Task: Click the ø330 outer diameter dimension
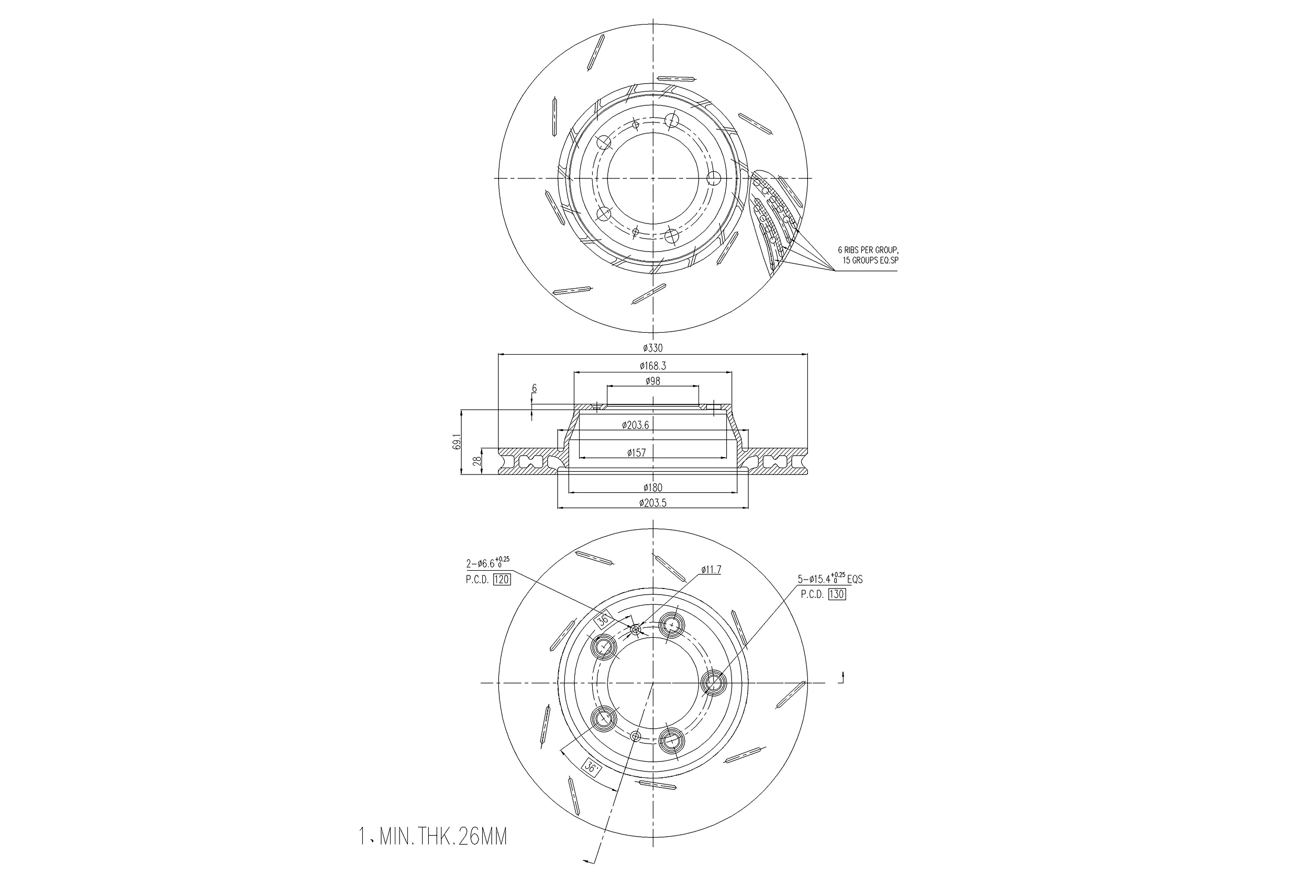click(x=653, y=348)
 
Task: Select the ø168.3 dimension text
click(x=653, y=366)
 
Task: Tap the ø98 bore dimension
click(x=653, y=381)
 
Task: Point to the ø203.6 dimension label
click(x=636, y=425)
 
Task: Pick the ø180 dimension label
click(x=653, y=488)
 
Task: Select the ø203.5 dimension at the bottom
click(x=653, y=503)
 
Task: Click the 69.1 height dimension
click(x=457, y=442)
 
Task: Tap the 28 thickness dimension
click(x=476, y=461)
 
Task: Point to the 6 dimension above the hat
click(x=534, y=388)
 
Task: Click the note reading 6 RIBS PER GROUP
click(x=868, y=250)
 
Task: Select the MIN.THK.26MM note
click(x=433, y=837)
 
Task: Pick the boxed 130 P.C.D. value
click(x=837, y=594)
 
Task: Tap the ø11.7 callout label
click(x=711, y=570)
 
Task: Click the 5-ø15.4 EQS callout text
click(x=830, y=579)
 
